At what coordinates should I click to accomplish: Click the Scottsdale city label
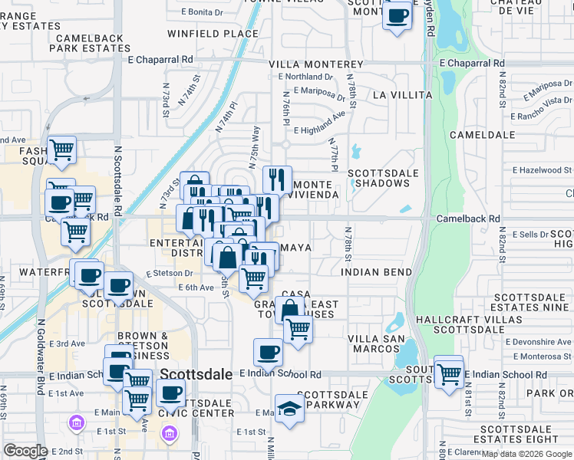(196, 374)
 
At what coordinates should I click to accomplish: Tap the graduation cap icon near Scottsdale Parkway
(289, 408)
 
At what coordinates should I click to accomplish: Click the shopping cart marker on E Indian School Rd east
(449, 374)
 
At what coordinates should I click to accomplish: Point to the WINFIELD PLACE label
(213, 34)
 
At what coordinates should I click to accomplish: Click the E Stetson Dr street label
(170, 272)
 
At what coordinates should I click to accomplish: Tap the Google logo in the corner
(25, 451)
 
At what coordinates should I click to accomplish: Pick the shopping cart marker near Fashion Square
(61, 149)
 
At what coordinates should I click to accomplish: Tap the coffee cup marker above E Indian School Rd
(268, 352)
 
